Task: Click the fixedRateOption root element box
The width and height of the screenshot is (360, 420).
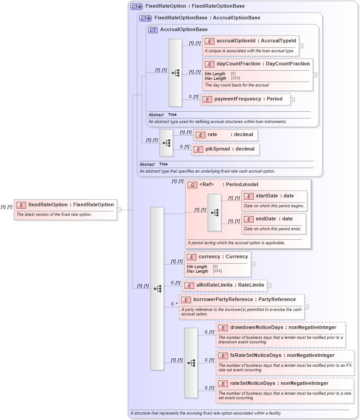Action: tap(65, 205)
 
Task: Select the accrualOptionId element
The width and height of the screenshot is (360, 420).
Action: tap(251, 41)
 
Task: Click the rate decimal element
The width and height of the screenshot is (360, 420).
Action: tap(225, 135)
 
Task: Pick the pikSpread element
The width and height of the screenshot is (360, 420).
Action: tap(225, 149)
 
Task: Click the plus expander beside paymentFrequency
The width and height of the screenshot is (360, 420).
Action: tap(292, 99)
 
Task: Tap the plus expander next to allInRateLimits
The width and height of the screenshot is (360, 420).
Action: tap(269, 285)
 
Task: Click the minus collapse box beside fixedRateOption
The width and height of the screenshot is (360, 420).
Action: tap(119, 210)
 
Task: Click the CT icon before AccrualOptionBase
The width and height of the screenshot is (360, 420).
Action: tap(153, 30)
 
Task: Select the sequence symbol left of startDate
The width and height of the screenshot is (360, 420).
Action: tap(214, 212)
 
